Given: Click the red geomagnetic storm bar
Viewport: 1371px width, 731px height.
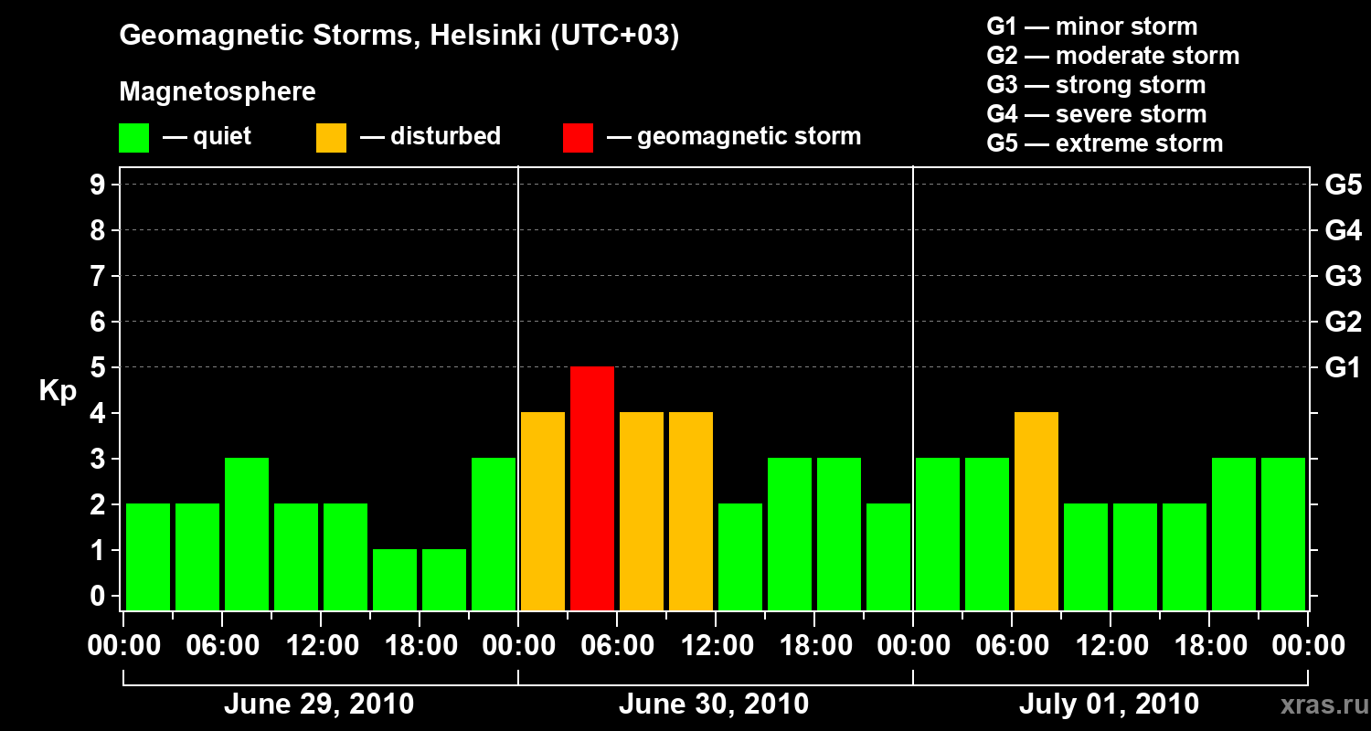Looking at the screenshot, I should coord(592,488).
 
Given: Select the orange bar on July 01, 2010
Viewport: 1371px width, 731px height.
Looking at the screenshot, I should coord(1036,511).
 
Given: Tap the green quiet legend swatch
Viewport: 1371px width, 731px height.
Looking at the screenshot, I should coord(133,138).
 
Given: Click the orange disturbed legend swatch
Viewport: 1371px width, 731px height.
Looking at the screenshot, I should coord(331,138).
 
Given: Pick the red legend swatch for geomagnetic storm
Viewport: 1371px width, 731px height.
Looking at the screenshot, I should coord(578,138).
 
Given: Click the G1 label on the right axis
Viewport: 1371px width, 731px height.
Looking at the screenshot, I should coord(1343,368).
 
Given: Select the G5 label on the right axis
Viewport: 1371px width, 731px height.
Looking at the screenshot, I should coord(1343,185).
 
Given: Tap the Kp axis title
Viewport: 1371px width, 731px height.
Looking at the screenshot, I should coord(58,392).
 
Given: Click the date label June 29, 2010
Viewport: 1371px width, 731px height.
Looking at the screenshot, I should coord(318,705).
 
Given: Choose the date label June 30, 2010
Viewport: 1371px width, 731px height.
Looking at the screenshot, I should coord(713,705).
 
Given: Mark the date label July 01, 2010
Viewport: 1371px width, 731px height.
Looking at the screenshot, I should coord(1108,705).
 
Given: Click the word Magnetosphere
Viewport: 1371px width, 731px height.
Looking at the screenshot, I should coord(218,92).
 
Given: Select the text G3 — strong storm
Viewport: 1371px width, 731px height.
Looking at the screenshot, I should coord(1096,85).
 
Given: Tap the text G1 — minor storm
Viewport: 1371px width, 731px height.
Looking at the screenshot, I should coord(1092,26).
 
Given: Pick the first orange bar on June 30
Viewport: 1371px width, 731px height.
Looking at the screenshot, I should coord(543,511).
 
